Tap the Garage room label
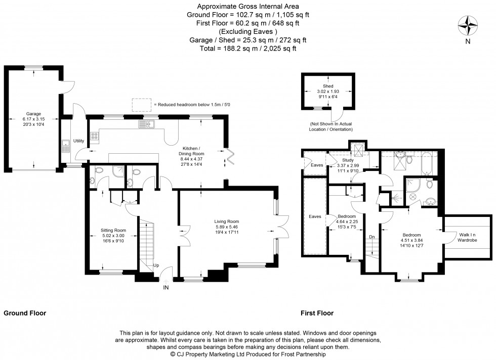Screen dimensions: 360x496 33,114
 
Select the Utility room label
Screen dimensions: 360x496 78,141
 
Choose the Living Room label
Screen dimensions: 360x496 226,221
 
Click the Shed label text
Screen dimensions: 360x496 328,86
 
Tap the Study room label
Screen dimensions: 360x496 348,160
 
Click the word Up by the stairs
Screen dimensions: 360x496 156,265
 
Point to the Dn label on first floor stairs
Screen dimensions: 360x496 372,236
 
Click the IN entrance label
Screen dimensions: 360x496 166,287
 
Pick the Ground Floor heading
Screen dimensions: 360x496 25,313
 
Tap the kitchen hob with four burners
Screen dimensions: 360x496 94,136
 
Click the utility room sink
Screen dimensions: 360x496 66,147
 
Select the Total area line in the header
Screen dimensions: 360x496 247,49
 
